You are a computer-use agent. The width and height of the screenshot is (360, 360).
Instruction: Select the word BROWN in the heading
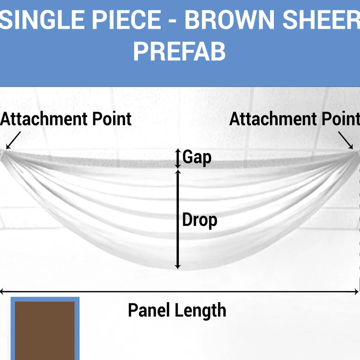pos(229,20)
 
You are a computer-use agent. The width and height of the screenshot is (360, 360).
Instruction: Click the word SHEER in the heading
pos(321,20)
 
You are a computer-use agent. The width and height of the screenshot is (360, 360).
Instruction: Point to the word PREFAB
pos(180,52)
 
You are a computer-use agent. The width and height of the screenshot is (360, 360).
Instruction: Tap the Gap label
pos(197,157)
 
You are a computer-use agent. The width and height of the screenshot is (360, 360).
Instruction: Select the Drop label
pos(200,220)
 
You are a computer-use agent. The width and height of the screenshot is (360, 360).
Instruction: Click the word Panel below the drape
pos(149,310)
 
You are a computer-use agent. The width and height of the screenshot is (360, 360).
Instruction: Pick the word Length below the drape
pos(200,311)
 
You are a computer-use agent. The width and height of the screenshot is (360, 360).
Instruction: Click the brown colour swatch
pos(45,331)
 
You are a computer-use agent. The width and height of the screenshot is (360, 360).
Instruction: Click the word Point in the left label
pos(112,119)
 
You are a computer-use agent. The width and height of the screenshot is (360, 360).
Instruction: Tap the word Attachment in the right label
pos(273,119)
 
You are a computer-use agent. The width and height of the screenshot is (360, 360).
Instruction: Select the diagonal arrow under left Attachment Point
pos(13,140)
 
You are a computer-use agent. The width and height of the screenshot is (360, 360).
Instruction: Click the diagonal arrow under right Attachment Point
pos(346,140)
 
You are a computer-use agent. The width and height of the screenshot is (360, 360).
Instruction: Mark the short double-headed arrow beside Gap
pos(178,158)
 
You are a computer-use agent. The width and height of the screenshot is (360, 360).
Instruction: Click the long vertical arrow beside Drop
pos(178,219)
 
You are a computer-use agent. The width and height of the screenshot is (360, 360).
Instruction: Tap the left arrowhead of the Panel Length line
pos(1,292)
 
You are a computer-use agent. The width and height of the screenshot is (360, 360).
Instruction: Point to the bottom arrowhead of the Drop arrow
pos(178,267)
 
